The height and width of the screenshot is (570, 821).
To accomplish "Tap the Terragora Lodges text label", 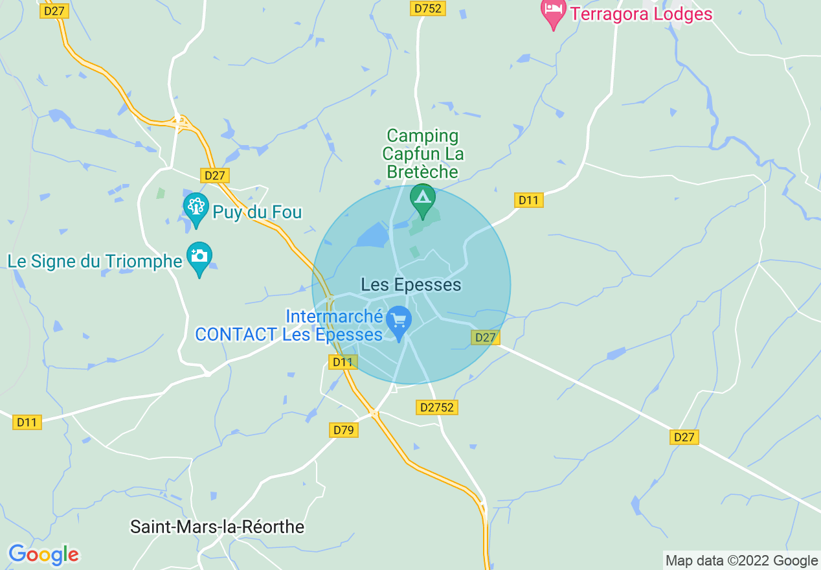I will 641,14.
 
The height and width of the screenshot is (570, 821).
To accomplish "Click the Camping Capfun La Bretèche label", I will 422,154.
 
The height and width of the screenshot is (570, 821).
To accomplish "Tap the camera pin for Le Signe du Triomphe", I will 199,258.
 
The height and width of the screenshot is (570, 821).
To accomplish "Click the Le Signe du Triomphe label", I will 95,262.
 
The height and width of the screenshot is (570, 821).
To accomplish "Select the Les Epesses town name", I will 411,284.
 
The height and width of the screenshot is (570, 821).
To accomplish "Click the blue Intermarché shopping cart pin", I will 398,322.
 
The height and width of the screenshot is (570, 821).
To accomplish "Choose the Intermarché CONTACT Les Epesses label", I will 289,326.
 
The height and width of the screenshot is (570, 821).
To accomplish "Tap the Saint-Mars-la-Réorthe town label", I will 218,527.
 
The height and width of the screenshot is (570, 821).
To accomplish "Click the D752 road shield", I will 428,8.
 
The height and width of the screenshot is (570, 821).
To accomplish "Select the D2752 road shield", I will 437,407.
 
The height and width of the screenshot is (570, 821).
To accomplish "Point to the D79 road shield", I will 343,429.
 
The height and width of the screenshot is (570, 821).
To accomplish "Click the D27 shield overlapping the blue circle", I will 485,337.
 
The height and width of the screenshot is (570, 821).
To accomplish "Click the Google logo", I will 43,554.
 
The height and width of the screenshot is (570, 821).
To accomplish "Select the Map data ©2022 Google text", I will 742,561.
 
